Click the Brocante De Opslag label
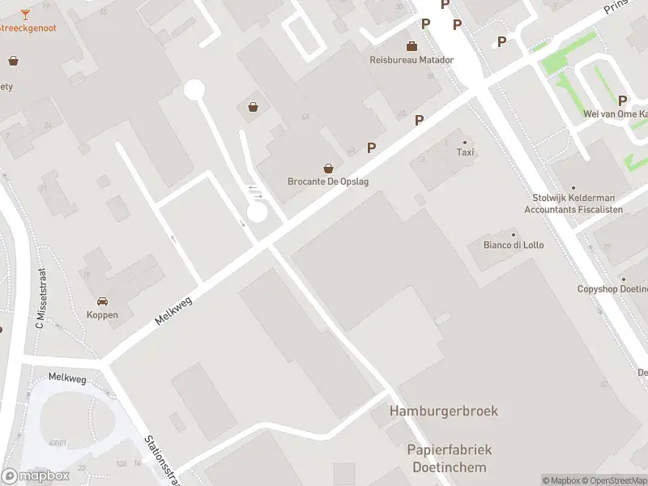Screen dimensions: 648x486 [328, 181]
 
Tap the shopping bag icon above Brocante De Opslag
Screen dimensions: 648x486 [328, 168]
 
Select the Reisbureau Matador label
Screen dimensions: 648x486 [411, 60]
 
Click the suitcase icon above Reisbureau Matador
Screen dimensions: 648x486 [411, 45]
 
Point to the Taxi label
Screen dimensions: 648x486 [465, 152]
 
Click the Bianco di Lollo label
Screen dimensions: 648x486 [514, 245]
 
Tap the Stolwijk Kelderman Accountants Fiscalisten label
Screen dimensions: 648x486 [573, 203]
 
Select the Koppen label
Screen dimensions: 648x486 [102, 315]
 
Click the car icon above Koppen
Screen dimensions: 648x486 [102, 301]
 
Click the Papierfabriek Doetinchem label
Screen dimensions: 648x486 [449, 458]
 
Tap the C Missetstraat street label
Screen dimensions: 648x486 [40, 299]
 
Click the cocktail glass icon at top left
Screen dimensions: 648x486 [25, 14]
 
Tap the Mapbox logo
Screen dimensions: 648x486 [35, 476]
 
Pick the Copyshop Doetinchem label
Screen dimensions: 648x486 [612, 289]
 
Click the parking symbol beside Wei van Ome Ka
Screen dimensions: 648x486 [623, 100]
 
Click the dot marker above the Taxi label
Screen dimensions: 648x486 [465, 143]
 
